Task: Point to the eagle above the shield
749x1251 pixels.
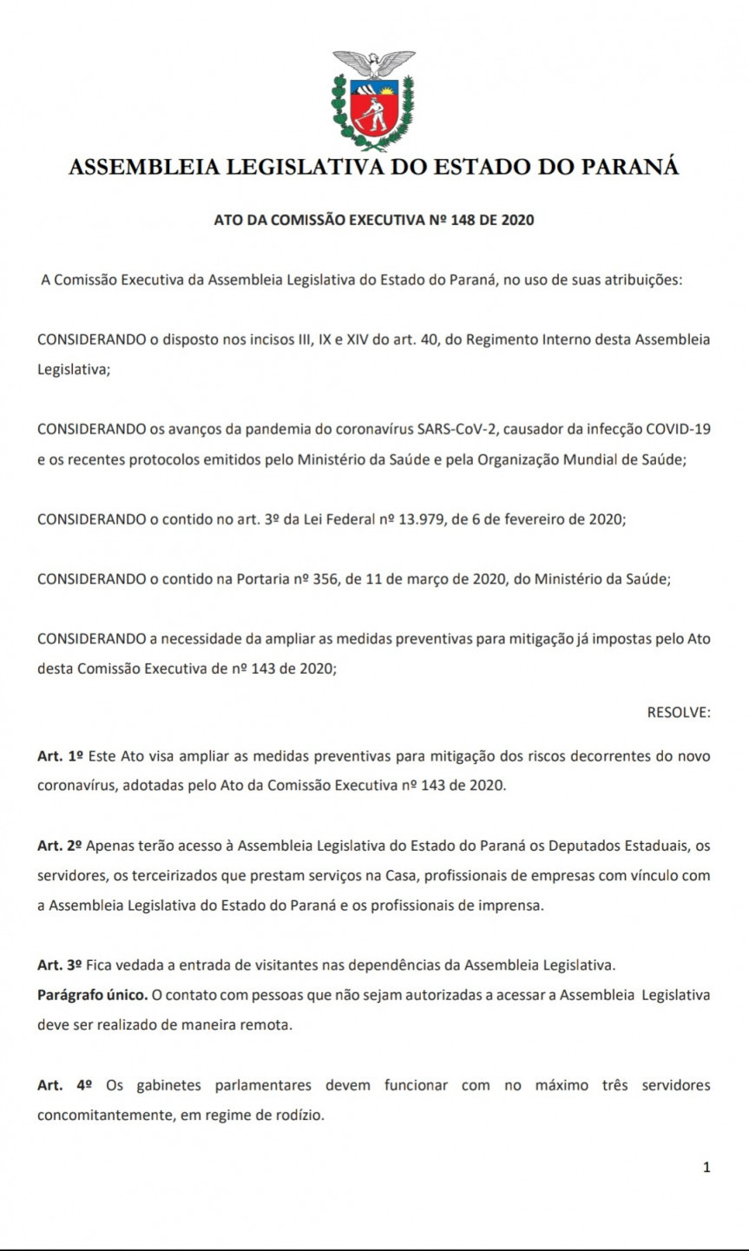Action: point(374,63)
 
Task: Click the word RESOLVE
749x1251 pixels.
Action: point(679,712)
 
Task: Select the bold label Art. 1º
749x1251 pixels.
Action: point(60,756)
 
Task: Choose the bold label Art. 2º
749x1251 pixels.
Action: point(60,845)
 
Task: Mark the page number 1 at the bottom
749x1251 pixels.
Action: point(706,1168)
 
